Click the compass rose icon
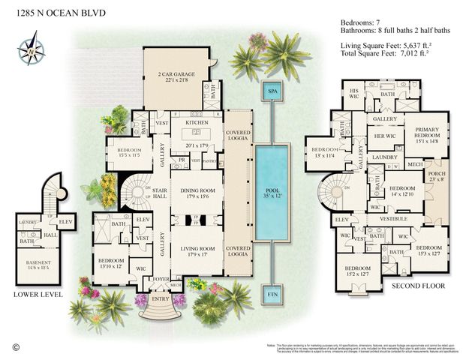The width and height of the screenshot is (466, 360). [x=31, y=51]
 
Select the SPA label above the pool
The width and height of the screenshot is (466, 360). [x=271, y=91]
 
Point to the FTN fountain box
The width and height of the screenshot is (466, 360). [x=271, y=295]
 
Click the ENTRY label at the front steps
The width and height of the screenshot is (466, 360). [x=160, y=299]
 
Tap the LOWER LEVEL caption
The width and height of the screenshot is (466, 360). [x=36, y=295]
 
